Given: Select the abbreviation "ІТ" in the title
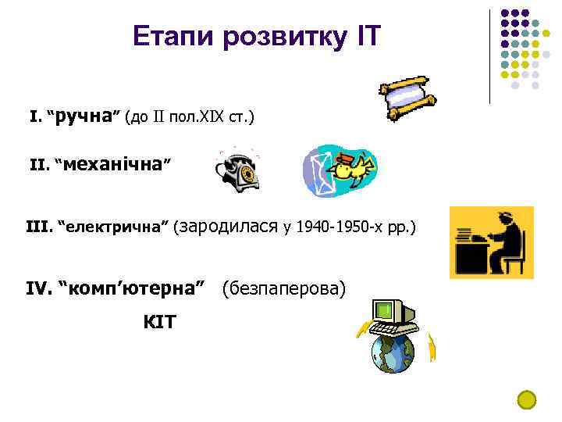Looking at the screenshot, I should [364, 36].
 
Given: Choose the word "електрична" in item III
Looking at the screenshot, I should [117, 227].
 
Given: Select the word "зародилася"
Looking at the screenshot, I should [229, 227].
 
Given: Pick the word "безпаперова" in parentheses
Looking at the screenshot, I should [283, 289].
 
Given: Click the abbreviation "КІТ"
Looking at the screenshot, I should [159, 321].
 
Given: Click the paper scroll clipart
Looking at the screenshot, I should [404, 98].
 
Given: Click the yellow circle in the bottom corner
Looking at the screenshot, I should [528, 399].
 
